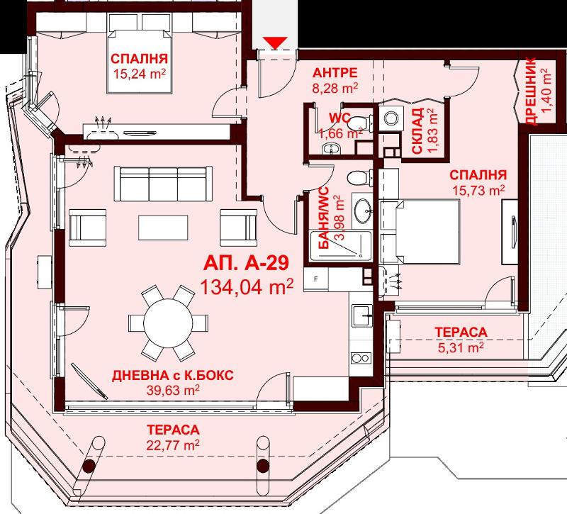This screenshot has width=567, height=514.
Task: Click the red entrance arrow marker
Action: (275, 43)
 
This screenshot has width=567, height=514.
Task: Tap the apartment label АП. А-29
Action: (246, 263)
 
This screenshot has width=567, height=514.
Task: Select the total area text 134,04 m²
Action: (246, 288)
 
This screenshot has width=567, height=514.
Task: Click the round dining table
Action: (168, 323)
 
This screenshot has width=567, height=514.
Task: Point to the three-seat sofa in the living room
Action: (163, 184)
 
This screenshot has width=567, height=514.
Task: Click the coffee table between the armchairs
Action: (163, 228)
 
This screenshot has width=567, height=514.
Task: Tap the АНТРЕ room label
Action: (335, 73)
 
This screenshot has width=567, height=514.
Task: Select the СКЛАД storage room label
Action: (417, 131)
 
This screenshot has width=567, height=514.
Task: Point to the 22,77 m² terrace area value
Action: (173, 445)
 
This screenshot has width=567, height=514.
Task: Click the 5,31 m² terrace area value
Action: (461, 348)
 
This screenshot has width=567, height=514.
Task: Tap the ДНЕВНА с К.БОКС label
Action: (173, 376)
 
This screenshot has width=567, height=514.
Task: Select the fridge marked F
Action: (316, 279)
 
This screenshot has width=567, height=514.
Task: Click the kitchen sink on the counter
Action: (362, 315)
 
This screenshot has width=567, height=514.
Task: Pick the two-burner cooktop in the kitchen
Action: (361, 358)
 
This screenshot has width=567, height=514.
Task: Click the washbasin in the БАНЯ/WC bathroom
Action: (362, 210)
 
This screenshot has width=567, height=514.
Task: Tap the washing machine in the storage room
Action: (391, 118)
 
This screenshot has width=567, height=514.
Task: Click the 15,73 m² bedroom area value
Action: (479, 190)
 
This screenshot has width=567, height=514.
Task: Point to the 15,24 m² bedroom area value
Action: (140, 74)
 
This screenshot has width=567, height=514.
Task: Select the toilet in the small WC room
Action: (359, 123)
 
